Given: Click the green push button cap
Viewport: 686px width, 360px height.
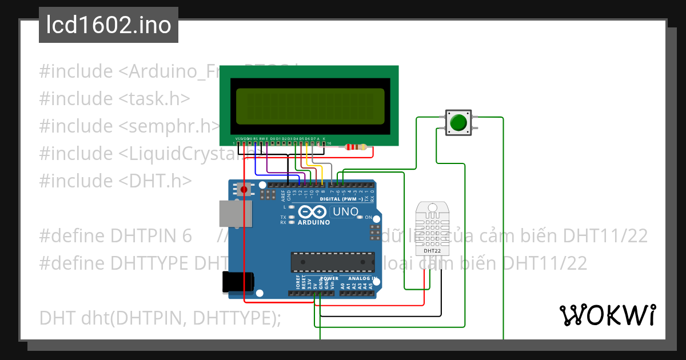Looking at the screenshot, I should point(458,122).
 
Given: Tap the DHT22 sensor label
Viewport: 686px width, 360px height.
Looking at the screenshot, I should point(432,250).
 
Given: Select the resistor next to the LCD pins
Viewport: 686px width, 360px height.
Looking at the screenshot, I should point(357,147).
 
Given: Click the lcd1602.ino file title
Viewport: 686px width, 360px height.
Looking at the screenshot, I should point(109,25).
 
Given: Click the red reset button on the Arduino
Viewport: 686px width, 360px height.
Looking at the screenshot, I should point(244,189).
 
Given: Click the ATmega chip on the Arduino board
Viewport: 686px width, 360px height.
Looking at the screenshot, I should point(333,262).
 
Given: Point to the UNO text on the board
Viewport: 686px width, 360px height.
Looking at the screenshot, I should point(346,212).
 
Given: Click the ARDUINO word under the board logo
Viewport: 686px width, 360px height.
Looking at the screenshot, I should point(314,222).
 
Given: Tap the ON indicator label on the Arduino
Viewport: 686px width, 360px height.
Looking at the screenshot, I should point(368,218).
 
